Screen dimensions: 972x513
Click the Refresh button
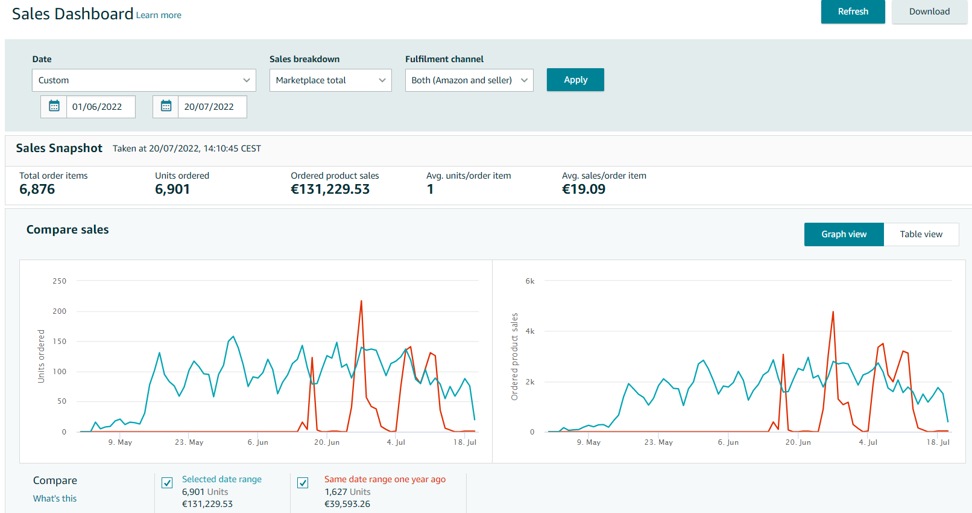tap(853, 11)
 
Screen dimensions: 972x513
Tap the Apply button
tap(575, 80)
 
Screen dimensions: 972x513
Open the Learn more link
tap(159, 15)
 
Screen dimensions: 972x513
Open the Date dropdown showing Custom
tap(144, 80)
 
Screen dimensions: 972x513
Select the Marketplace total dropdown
tap(330, 80)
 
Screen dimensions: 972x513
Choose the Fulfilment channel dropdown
tap(469, 80)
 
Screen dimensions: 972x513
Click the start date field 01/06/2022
tap(101, 107)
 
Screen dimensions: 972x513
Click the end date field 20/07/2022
tap(212, 107)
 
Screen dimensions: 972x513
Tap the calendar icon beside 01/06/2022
tap(54, 106)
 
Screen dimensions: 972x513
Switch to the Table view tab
tap(921, 234)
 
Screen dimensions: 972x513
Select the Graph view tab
tap(844, 234)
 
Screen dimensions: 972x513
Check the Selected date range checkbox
tap(167, 483)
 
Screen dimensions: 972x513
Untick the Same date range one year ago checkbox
tap(303, 483)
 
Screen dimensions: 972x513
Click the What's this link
tap(55, 499)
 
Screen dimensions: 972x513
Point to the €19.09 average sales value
tap(583, 189)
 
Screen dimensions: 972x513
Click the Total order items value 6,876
tap(37, 189)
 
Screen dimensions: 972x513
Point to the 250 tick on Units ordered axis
tap(60, 281)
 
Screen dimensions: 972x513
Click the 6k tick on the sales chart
tap(530, 281)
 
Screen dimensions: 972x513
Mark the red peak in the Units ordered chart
tap(361, 301)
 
